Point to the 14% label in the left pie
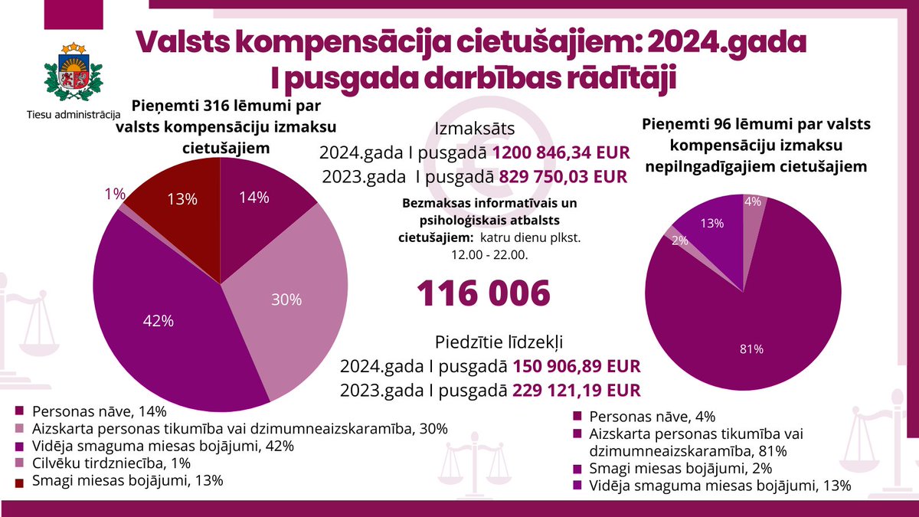click(x=253, y=198)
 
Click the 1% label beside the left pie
click(x=115, y=195)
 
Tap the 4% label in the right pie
click(x=752, y=202)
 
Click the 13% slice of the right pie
click(x=712, y=230)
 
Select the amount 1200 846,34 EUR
click(x=561, y=153)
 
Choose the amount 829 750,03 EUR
click(x=563, y=176)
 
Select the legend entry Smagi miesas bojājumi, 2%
click(x=678, y=468)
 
